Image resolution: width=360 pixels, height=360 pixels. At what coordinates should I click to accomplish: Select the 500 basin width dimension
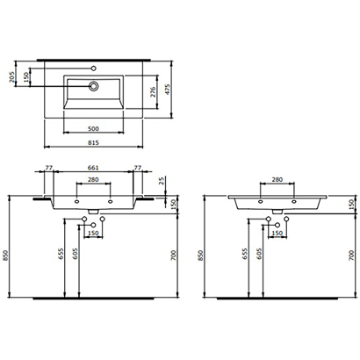tap(92, 127)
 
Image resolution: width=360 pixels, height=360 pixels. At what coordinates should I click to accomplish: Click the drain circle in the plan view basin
tap(92, 86)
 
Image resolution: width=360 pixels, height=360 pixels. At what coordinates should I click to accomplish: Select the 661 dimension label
tap(93, 169)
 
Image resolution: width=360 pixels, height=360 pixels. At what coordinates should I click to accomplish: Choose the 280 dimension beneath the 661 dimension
tap(93, 184)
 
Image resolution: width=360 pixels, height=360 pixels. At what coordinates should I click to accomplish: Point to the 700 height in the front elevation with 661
tap(176, 255)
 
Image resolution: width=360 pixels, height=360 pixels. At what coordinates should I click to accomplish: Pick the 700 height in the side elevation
tap(351, 255)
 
